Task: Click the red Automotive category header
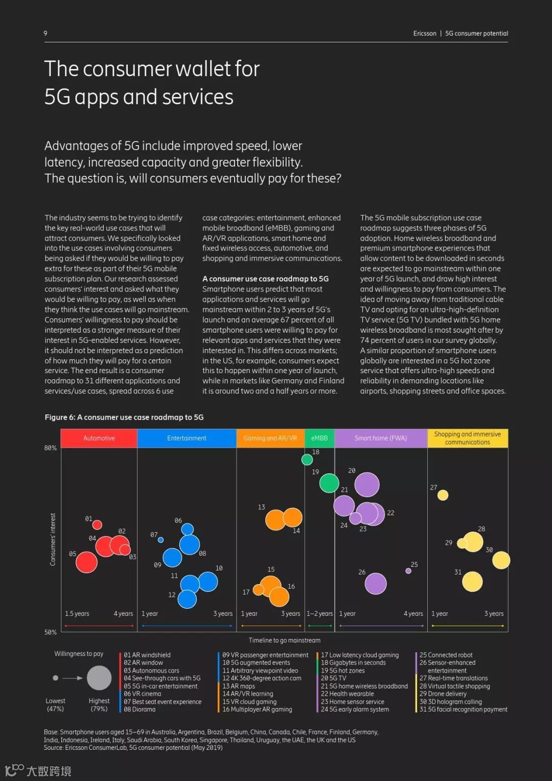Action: pyautogui.click(x=99, y=438)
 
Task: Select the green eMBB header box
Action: pyautogui.click(x=319, y=438)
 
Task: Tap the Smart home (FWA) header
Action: pyautogui.click(x=381, y=438)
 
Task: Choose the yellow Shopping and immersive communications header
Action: pyautogui.click(x=467, y=438)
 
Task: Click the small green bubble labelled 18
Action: pyautogui.click(x=307, y=460)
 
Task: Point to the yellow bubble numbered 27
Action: pyautogui.click(x=443, y=495)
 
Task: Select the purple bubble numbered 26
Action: pyautogui.click(x=376, y=583)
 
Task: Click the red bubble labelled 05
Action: pyautogui.click(x=86, y=562)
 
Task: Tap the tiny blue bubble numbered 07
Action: pyautogui.click(x=161, y=540)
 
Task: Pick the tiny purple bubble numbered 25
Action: pyautogui.click(x=408, y=571)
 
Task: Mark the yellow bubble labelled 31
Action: pyautogui.click(x=472, y=581)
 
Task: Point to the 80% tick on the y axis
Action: pyautogui.click(x=50, y=448)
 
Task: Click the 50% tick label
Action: pyautogui.click(x=50, y=632)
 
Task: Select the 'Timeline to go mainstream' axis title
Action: pyautogui.click(x=285, y=640)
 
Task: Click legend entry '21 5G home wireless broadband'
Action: pyautogui.click(x=364, y=686)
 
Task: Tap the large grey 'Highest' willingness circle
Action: pyautogui.click(x=99, y=678)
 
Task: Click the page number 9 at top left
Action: pyautogui.click(x=45, y=33)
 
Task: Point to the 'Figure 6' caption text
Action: pyautogui.click(x=124, y=417)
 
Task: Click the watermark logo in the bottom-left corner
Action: pyautogui.click(x=14, y=769)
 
